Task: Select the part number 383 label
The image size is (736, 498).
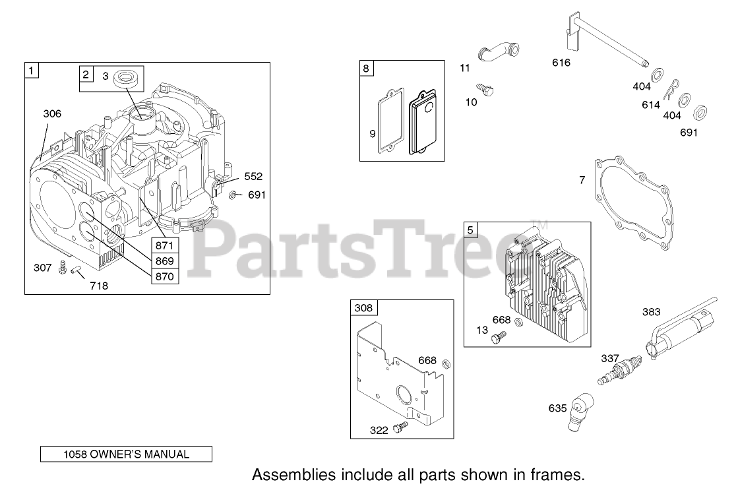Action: pyautogui.click(x=651, y=312)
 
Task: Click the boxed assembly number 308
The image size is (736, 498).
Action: pyautogui.click(x=363, y=308)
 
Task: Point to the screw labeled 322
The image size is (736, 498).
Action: pyautogui.click(x=398, y=428)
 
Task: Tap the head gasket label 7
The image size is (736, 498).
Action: pyautogui.click(x=582, y=180)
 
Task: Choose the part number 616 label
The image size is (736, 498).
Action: pyautogui.click(x=561, y=63)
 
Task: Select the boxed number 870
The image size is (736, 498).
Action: pyautogui.click(x=164, y=276)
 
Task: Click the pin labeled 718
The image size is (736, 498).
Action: pyautogui.click(x=77, y=271)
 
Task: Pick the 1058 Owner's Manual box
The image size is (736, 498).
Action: pyautogui.click(x=126, y=454)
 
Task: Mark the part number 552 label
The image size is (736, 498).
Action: pyautogui.click(x=253, y=176)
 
